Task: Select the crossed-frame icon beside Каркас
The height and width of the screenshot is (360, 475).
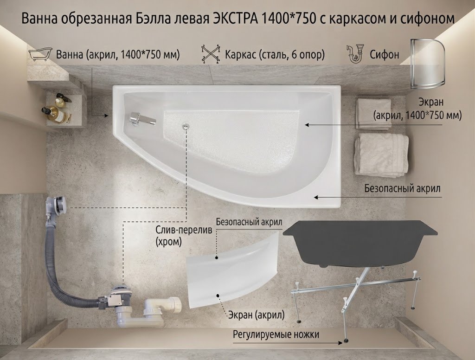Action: point(211,54)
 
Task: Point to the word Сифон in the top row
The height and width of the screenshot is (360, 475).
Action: point(384,55)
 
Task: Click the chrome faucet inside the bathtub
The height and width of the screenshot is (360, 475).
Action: point(142,118)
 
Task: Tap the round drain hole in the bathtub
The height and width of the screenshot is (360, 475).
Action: point(186,126)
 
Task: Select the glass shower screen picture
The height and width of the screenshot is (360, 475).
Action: point(427,64)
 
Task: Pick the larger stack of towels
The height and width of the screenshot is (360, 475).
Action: point(381,155)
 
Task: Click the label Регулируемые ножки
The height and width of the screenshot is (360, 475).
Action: point(276,335)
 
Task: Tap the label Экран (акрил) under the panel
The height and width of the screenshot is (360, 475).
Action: point(256,315)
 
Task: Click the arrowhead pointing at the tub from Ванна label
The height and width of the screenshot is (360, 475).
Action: point(106,116)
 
